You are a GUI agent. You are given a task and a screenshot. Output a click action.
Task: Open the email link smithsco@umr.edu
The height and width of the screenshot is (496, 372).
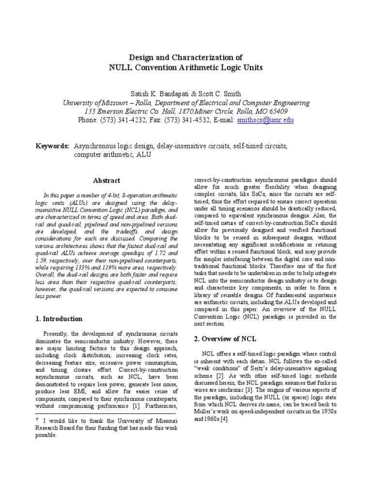click(x=265, y=120)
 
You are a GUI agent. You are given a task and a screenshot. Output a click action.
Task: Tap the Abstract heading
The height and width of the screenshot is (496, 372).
click(x=107, y=181)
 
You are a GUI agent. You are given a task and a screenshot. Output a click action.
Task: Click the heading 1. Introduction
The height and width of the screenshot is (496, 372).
click(x=59, y=319)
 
